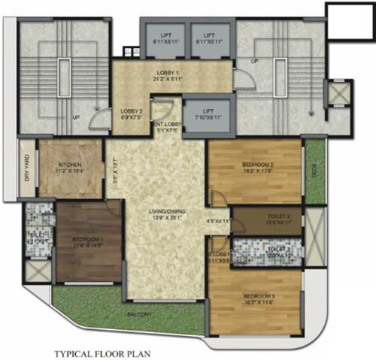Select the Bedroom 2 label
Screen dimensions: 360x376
pos(257,165)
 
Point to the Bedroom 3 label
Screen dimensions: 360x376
pos(258,297)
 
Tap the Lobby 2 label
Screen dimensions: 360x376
pos(132,112)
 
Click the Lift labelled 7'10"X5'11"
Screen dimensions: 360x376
pos(208,112)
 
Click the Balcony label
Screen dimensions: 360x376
pos(140,313)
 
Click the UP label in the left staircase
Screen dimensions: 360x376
pos(76,118)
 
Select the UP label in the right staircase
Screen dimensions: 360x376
pos(256,61)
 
